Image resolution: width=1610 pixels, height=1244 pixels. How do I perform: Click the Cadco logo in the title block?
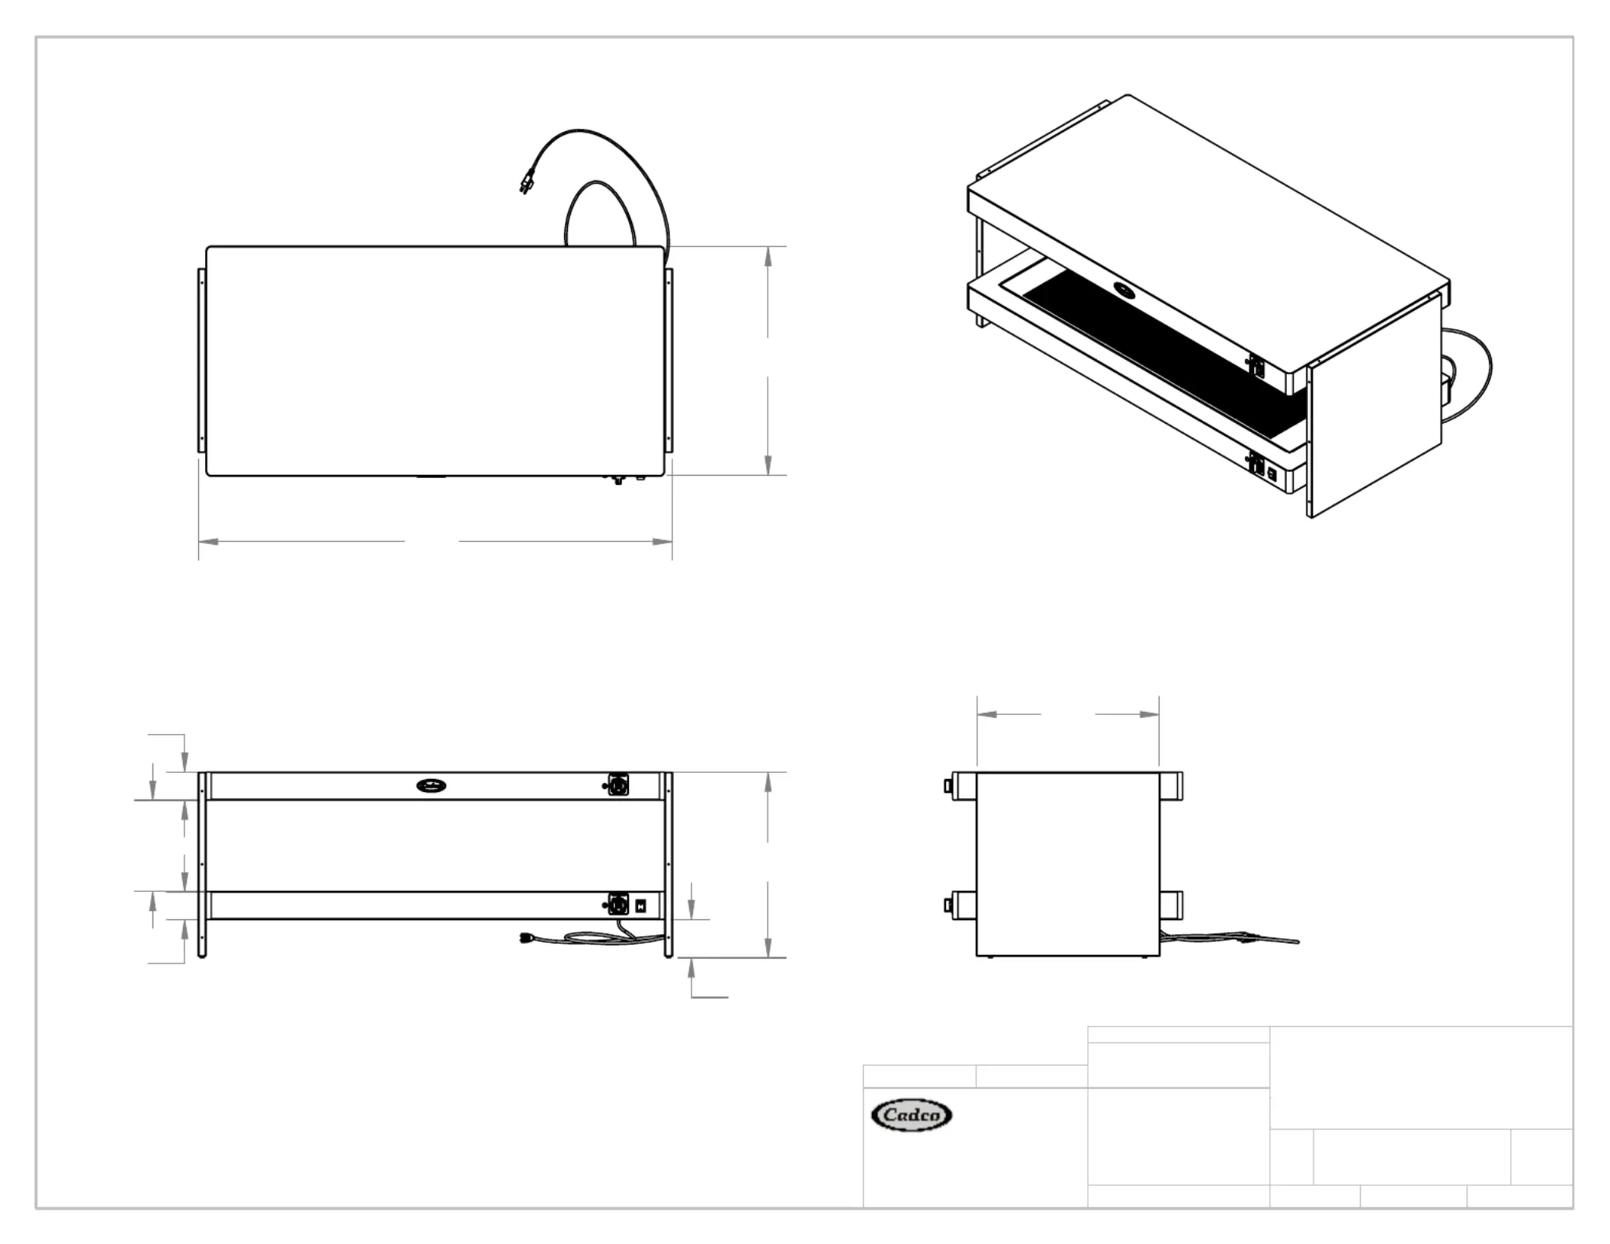pos(911,1115)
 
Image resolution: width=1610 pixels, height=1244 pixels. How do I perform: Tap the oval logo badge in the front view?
pos(432,785)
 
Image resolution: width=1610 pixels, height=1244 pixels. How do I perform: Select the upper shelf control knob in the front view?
pos(617,785)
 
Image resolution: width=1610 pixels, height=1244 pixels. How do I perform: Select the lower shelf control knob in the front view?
pos(617,905)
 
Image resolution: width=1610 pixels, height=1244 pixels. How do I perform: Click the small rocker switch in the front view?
pos(640,906)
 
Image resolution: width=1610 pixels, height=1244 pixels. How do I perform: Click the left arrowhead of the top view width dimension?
pos(208,541)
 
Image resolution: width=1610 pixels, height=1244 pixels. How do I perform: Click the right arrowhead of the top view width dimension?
pos(662,541)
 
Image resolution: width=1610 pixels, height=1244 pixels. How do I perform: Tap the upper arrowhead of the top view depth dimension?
pos(768,256)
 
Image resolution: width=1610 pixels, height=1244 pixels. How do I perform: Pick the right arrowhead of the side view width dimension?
pos(1150,714)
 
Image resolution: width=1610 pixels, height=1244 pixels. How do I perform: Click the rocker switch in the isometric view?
pos(1272,473)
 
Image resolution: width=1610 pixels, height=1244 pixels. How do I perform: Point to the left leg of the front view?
pos(202,864)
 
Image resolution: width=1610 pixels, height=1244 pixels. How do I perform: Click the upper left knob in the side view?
pos(948,785)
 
